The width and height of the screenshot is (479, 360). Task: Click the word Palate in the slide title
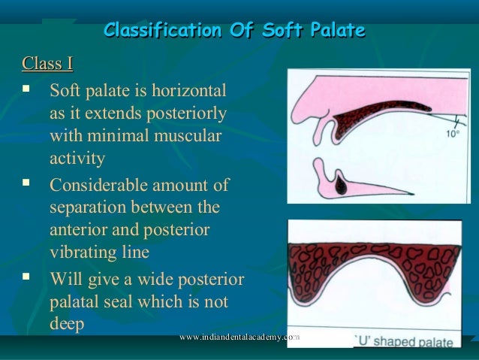coord(335,31)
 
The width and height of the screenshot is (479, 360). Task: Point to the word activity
coord(77,159)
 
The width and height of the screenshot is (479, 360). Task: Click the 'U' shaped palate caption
coord(404,343)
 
